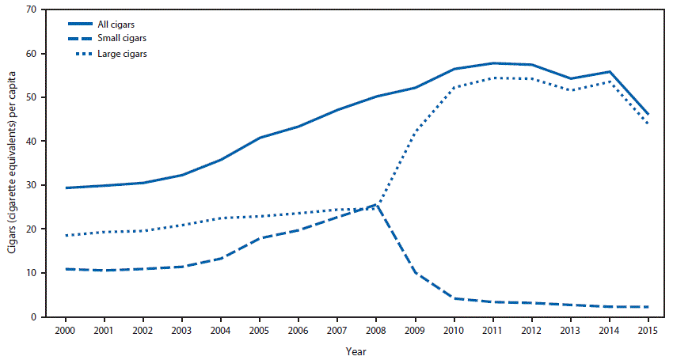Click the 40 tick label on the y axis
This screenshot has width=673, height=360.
pyautogui.click(x=32, y=141)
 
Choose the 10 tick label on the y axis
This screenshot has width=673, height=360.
pyautogui.click(x=32, y=273)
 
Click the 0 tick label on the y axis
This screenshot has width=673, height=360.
pyautogui.click(x=34, y=316)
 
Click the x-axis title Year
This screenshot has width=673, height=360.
pyautogui.click(x=356, y=349)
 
